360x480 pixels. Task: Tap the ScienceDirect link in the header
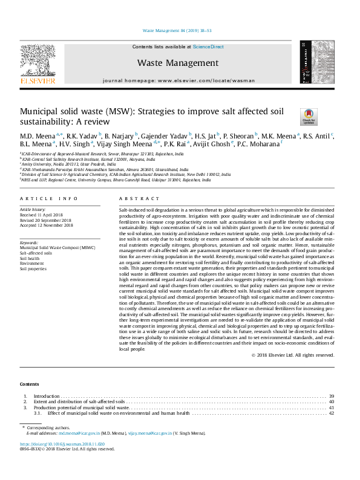point(208,47)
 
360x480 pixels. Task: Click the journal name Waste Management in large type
point(178,63)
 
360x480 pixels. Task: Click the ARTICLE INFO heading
point(49,198)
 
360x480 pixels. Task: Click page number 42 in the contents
point(331,414)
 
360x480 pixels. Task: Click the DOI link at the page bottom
point(62,444)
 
